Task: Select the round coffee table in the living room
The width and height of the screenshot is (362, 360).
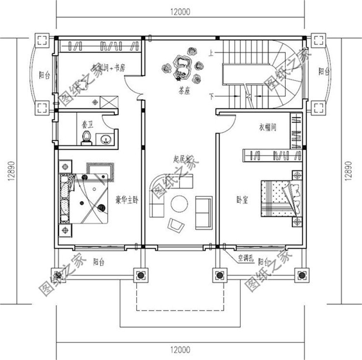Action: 181,204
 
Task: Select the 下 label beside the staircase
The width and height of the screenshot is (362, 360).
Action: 211,95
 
